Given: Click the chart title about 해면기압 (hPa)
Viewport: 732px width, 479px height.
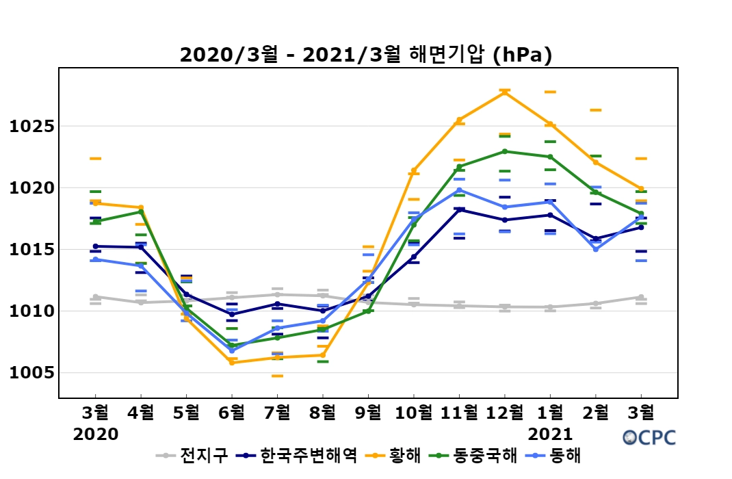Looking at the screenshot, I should pos(365,55).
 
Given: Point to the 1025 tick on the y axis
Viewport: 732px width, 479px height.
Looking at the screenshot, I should pos(31,127).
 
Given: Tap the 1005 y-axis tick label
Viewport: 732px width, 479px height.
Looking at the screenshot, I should pos(31,373).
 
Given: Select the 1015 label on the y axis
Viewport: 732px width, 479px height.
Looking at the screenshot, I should pos(31,250).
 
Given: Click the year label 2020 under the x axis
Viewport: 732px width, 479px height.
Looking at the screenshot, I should pos(96,435).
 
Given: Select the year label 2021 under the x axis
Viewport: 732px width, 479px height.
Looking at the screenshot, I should pos(550,435).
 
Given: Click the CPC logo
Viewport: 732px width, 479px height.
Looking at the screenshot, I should pos(649,437).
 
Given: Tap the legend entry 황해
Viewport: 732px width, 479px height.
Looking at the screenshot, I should pos(404,456).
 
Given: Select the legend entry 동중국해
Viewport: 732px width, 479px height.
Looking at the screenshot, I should pos(480,456).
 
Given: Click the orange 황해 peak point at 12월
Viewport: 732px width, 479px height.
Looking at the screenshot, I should pos(505,92).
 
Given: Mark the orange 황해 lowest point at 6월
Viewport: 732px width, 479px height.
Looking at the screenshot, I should pos(232,362).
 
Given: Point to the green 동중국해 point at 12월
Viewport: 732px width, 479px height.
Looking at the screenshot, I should pos(505,151).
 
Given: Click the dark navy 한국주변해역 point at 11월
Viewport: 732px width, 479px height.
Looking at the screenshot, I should pos(459,209).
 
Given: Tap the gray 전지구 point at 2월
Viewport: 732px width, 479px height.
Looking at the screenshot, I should pos(596,303).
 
